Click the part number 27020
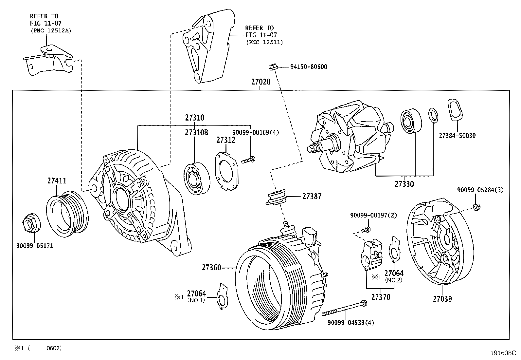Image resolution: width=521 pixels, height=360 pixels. [x=261, y=82]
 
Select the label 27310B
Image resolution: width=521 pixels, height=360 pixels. [x=196, y=132]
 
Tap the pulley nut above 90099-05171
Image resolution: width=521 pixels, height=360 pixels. [x=31, y=223]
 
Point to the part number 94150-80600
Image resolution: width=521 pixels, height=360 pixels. [x=309, y=67]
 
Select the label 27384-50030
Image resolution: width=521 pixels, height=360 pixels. [x=457, y=136]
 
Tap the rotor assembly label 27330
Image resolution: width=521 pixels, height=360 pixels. [x=404, y=184]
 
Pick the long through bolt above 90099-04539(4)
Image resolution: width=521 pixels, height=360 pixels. [x=344, y=308]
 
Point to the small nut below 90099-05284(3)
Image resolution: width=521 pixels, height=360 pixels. [x=477, y=207]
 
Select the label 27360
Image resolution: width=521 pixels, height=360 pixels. [x=211, y=268]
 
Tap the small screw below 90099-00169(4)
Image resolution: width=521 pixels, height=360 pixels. [x=248, y=160]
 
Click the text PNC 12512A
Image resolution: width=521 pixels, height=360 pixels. [x=51, y=31]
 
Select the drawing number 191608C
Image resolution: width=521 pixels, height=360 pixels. [x=503, y=353]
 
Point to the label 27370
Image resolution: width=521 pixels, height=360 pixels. [x=381, y=297]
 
